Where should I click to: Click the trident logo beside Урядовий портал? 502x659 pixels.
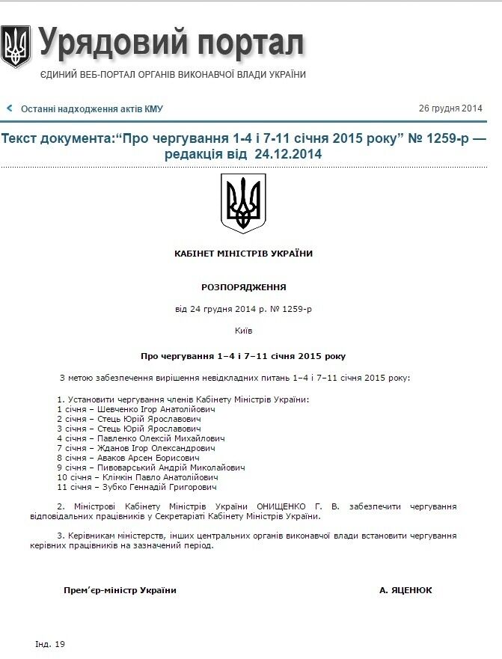16,46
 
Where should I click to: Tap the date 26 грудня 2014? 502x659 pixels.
450,108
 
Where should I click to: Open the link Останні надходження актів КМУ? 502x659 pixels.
92,109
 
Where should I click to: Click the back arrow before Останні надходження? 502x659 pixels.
10,108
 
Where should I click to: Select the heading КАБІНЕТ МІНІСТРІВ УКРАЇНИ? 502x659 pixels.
244,254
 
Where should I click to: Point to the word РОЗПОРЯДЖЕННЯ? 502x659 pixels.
244,287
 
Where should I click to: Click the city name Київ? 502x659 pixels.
244,330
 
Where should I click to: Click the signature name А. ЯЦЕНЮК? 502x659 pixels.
405,590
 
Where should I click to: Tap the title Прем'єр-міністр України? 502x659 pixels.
120,590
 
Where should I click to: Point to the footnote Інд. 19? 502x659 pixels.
50,644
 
